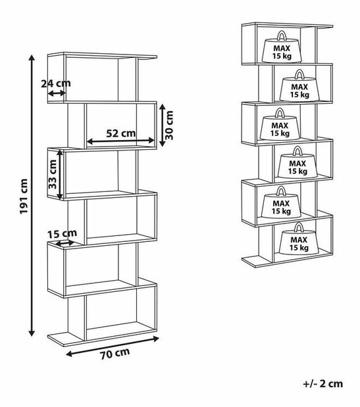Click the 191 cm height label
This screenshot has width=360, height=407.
[x=24, y=196]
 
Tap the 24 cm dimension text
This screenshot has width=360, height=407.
[x=56, y=84]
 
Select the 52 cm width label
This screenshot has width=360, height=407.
[x=121, y=133]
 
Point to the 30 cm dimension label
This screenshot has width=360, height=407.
[x=169, y=126]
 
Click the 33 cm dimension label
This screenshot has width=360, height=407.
[x=53, y=174]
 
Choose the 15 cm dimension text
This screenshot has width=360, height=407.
[x=62, y=233]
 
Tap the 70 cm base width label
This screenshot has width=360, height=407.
[x=115, y=354]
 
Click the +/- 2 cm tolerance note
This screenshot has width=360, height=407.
[x=323, y=383]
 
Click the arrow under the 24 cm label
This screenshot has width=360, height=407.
[x=57, y=93]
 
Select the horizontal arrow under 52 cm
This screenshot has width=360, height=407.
[x=120, y=141]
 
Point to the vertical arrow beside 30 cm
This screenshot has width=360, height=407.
[x=162, y=125]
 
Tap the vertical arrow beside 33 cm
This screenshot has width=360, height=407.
[x=60, y=175]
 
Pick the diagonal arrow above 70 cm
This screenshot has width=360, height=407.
[x=113, y=347]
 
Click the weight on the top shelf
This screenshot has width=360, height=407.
[x=282, y=47]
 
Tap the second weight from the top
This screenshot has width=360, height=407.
[x=299, y=85]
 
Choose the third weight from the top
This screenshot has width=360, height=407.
[x=280, y=124]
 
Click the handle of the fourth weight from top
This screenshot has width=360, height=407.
[x=297, y=151]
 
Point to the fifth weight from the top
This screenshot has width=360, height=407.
[x=281, y=202]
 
